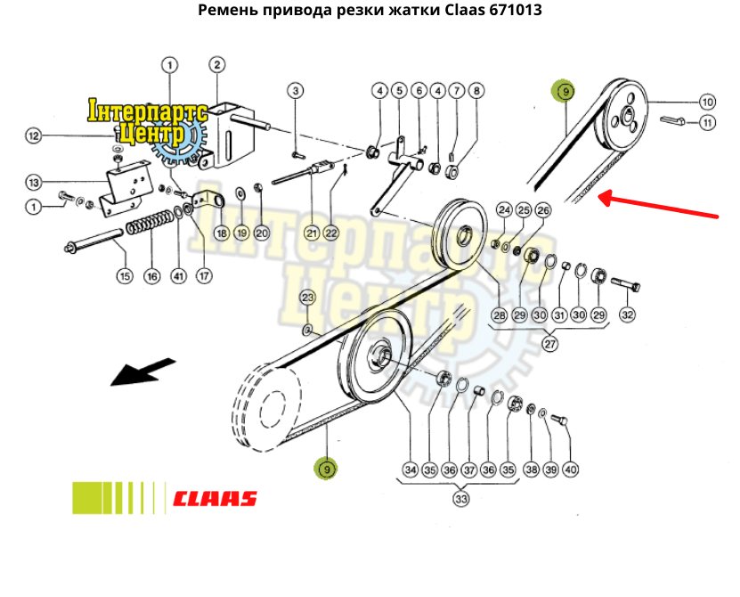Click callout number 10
point(707,101)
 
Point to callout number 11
point(707,123)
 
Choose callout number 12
point(34,136)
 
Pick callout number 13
point(34,183)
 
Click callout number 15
point(124,276)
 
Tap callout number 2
point(217,64)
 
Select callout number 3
point(296,91)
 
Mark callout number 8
point(476,91)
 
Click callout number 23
point(307,298)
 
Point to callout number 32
point(627,315)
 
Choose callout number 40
point(570,470)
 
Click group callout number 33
point(461,500)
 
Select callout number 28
point(499,315)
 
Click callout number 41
point(179,276)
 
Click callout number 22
point(331,233)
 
